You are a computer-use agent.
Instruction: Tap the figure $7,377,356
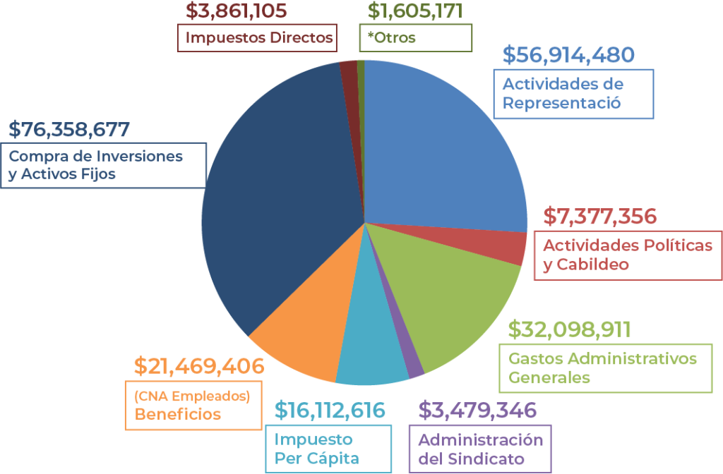[600, 217]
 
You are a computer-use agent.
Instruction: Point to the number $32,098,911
[570, 329]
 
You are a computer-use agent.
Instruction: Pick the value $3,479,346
[477, 410]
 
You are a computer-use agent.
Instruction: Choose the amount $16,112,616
[330, 410]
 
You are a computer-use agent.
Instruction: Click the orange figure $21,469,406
[199, 366]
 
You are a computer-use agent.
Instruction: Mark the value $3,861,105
[237, 11]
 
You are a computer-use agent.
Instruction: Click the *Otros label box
[415, 38]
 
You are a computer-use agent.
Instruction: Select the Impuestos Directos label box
[257, 38]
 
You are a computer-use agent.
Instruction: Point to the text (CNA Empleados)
[192, 396]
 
